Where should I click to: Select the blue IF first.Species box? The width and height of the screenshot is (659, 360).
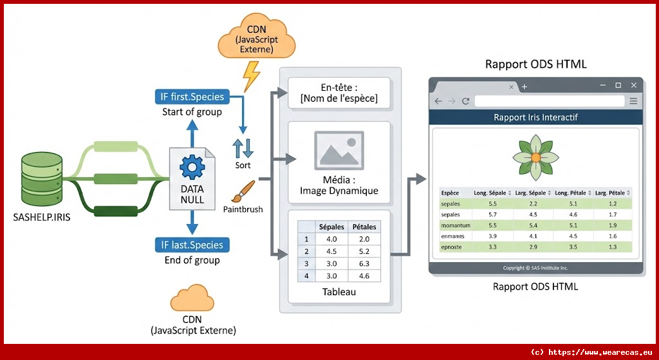pos(192,97)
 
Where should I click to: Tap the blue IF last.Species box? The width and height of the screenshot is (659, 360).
pos(192,245)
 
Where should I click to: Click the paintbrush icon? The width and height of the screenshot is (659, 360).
pos(243,191)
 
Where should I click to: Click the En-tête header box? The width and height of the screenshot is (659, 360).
pos(339,93)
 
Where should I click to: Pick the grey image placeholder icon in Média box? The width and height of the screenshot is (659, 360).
pos(339,151)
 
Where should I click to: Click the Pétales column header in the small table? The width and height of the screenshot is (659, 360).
pos(364,227)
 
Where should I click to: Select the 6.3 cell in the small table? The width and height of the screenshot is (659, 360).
pos(364,263)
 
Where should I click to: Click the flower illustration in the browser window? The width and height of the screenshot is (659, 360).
pos(535,157)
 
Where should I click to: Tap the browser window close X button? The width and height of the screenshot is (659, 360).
pos(633,85)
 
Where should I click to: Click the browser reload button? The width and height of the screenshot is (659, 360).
pos(465,101)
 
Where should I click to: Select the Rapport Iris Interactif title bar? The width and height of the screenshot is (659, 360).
pos(535,117)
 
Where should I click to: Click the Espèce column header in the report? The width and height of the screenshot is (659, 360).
pos(450,193)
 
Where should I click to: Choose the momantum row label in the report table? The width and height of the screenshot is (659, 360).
pos(455,225)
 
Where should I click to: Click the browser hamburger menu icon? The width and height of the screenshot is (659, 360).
pos(633,101)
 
